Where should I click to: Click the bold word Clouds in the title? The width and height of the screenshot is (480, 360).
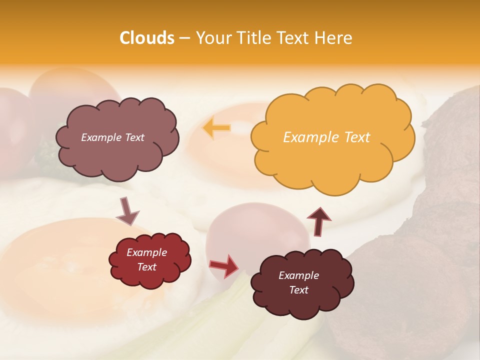[x=146, y=38]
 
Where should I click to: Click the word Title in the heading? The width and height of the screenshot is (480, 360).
[x=252, y=38]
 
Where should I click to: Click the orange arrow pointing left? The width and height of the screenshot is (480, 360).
[x=216, y=128]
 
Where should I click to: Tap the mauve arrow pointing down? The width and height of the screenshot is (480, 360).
[x=127, y=211]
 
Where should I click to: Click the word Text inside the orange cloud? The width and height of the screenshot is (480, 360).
[x=357, y=137]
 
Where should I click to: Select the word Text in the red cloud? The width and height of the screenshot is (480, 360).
[x=147, y=267]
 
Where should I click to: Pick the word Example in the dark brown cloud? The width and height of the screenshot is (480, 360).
[x=298, y=275]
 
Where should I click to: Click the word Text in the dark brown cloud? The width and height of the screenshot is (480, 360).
[x=298, y=290]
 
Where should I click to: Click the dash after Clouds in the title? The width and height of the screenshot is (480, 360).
[x=184, y=38]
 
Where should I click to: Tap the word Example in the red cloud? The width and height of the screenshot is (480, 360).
[x=147, y=252]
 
